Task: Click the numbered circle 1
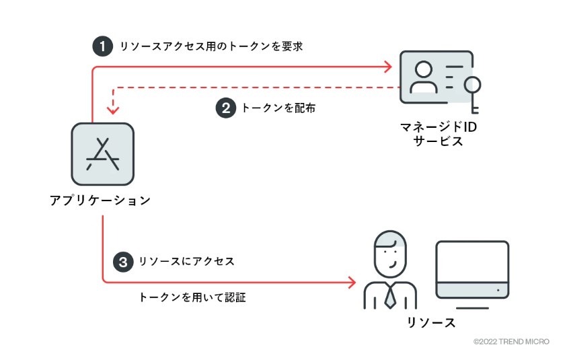(x=102, y=46)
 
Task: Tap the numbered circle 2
(x=226, y=108)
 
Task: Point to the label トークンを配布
(x=278, y=108)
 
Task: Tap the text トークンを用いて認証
(x=192, y=297)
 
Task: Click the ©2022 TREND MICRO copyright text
(x=511, y=342)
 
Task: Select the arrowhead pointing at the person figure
(x=351, y=282)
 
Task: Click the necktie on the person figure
(x=390, y=295)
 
